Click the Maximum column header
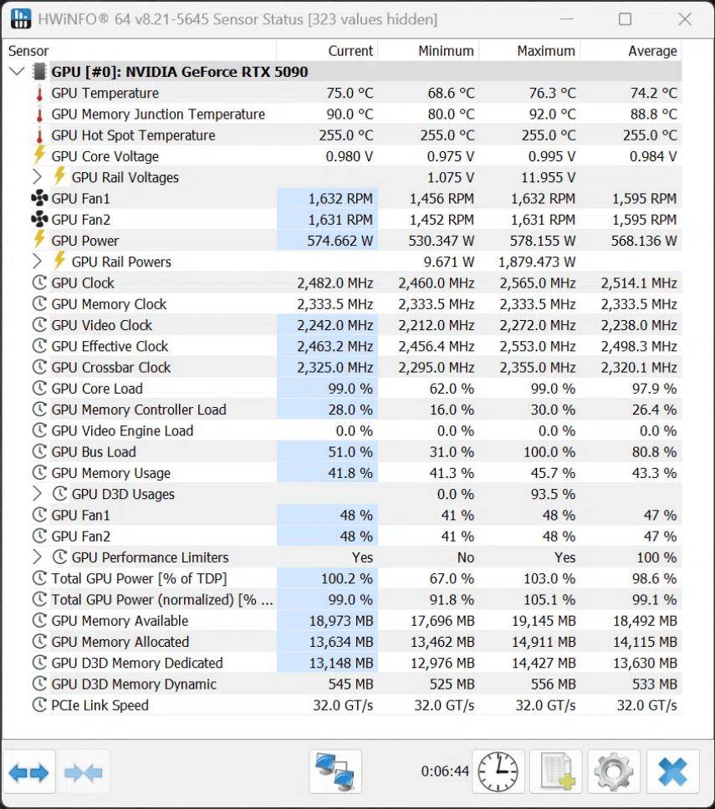click(x=546, y=51)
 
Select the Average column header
click(x=652, y=51)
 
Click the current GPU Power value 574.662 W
click(x=340, y=241)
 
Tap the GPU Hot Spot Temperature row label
click(x=133, y=135)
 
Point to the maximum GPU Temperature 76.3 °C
click(x=552, y=94)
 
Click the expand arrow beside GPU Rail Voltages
click(x=37, y=177)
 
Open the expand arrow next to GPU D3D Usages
click(x=37, y=494)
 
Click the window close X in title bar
click(x=685, y=19)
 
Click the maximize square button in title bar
click(x=625, y=19)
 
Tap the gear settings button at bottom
click(x=613, y=772)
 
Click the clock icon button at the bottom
click(x=498, y=772)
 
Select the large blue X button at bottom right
click(x=672, y=772)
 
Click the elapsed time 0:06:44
click(x=445, y=771)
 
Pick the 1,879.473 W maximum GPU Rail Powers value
click(x=537, y=262)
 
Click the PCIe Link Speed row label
click(x=100, y=705)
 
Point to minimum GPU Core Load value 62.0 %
click(x=452, y=389)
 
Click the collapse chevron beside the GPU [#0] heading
click(x=18, y=71)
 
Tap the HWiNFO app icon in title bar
click(x=21, y=19)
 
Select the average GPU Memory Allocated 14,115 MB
click(x=645, y=643)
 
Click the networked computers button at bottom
click(x=335, y=772)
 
